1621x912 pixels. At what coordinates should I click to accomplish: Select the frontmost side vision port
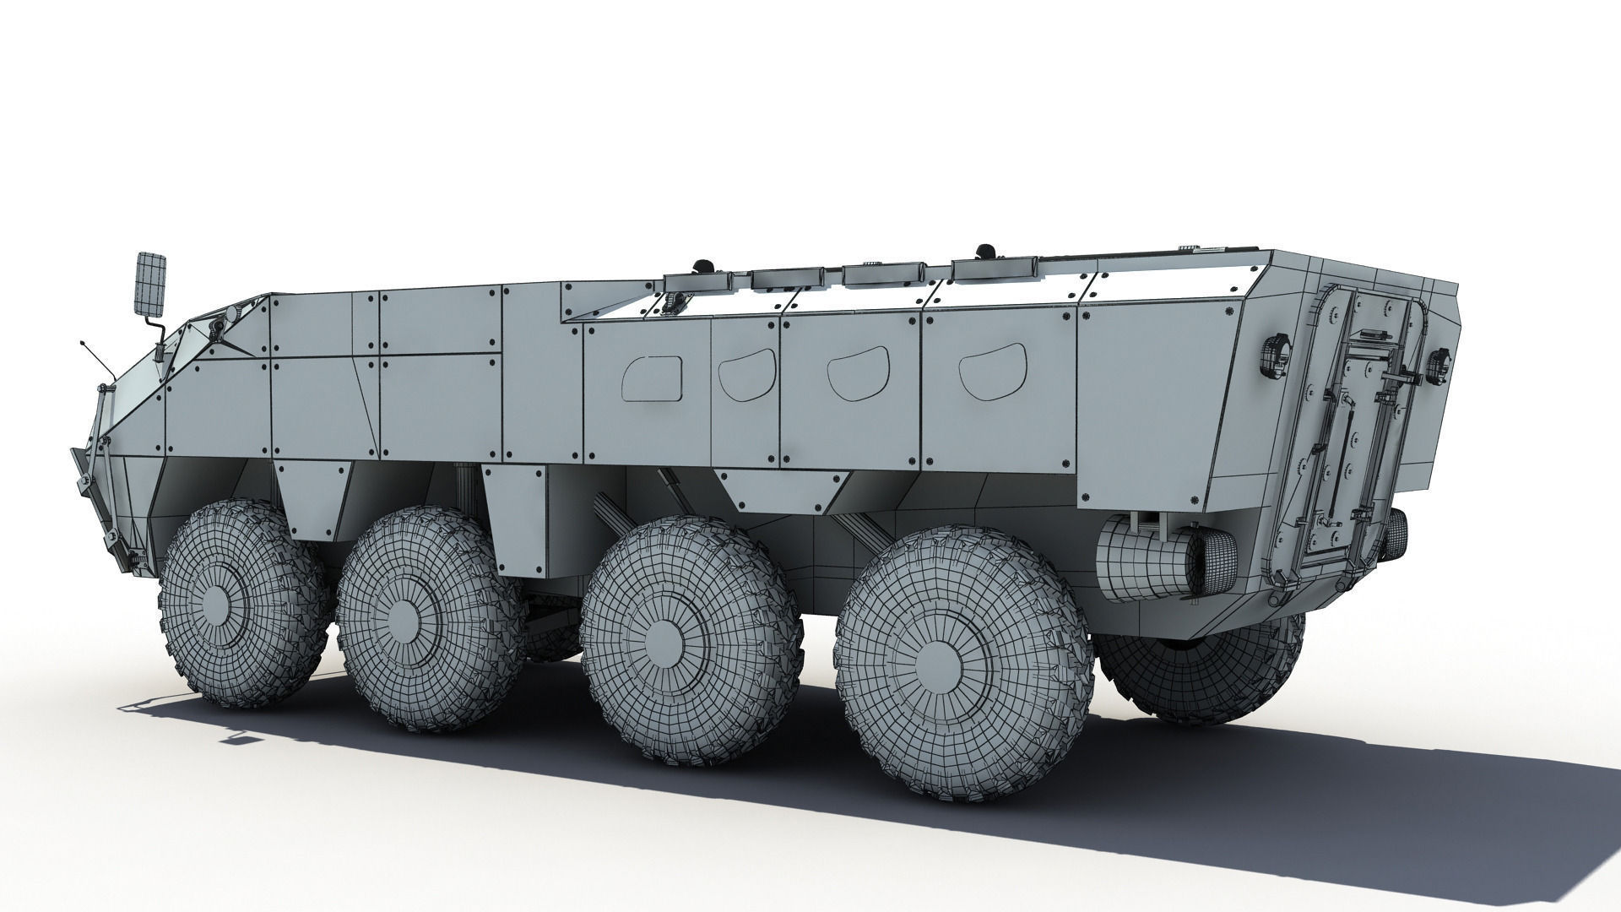click(651, 377)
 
